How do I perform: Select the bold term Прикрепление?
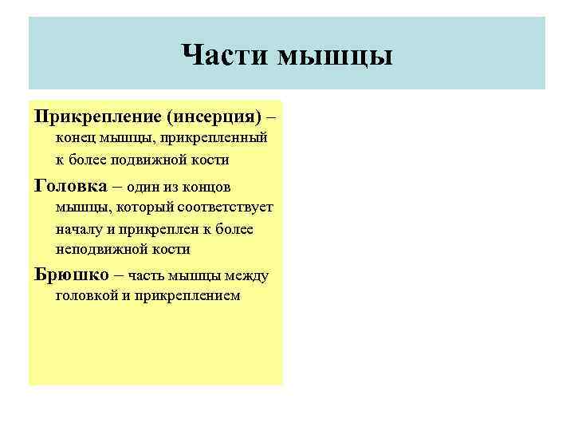96,117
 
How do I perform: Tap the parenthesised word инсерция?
213,117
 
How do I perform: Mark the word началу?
78,228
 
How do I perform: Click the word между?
246,275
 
